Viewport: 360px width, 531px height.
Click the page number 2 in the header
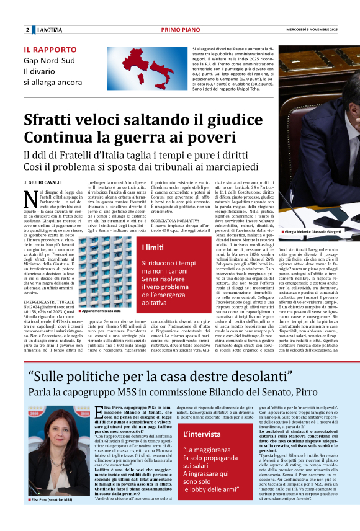click(27, 30)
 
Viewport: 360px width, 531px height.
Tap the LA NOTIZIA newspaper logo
click(49, 30)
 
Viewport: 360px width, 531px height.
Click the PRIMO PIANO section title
click(179, 30)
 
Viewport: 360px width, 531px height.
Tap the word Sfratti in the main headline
click(56, 120)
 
